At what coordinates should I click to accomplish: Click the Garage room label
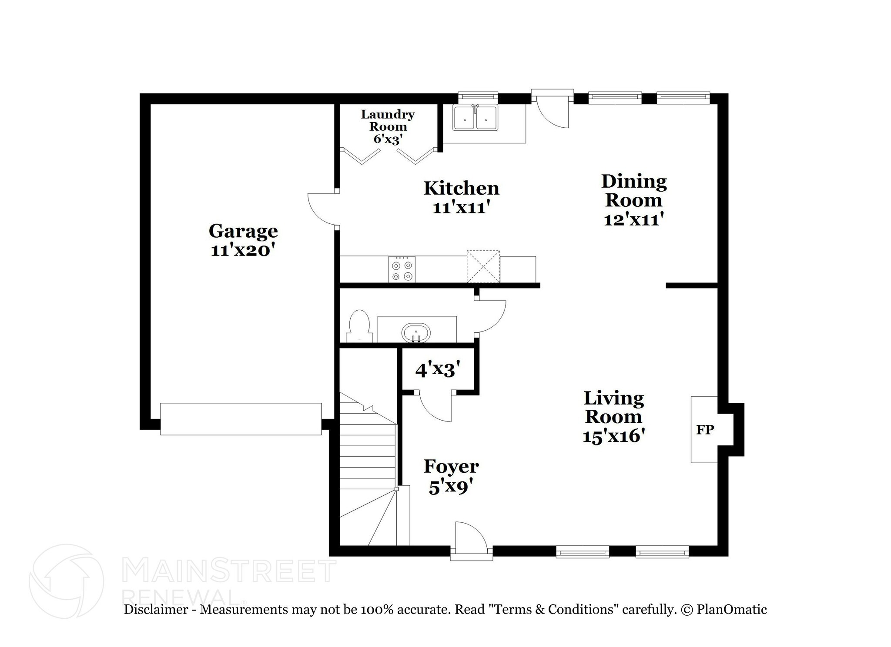coord(243,231)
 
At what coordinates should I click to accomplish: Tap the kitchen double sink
coord(475,118)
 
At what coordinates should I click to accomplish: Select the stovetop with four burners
coord(402,270)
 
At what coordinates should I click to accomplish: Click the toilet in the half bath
coord(359,326)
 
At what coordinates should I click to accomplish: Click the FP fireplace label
coord(705,430)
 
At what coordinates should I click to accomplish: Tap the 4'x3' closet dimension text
coord(437,370)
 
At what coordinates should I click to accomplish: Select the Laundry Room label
coord(387,121)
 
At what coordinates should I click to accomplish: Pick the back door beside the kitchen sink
coord(552,111)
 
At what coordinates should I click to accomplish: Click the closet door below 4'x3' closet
coord(435,406)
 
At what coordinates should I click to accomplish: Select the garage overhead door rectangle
coord(241,418)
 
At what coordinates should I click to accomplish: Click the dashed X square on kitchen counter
coord(483,266)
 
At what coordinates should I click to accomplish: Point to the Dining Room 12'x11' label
coord(633,200)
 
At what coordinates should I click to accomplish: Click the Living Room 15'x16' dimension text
coord(613,436)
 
